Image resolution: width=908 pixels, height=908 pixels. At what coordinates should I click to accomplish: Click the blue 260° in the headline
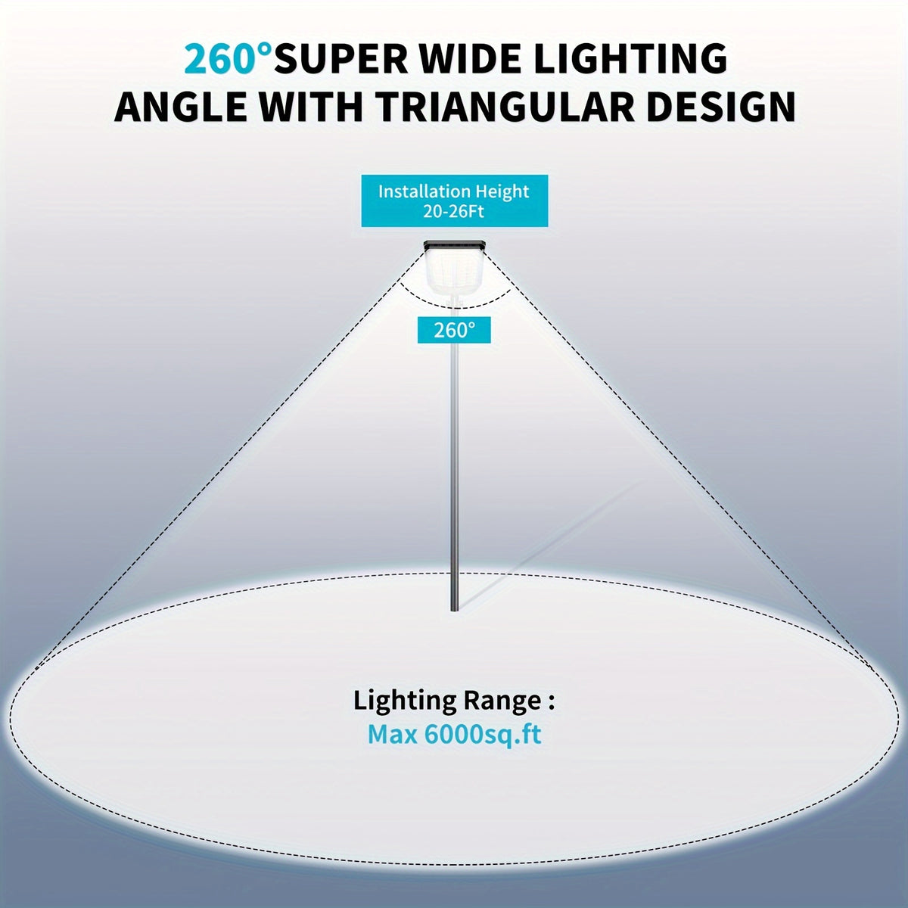(x=228, y=59)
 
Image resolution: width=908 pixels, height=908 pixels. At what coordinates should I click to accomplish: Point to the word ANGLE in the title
(x=182, y=107)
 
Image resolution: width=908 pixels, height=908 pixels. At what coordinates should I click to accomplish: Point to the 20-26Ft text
(x=454, y=212)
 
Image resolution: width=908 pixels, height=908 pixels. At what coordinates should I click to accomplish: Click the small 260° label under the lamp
(x=454, y=331)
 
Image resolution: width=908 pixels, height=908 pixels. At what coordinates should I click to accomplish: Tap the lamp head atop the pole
(x=455, y=269)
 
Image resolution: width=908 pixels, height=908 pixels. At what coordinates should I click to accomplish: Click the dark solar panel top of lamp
(x=455, y=245)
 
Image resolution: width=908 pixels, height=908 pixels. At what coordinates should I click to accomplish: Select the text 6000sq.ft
(x=483, y=735)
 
